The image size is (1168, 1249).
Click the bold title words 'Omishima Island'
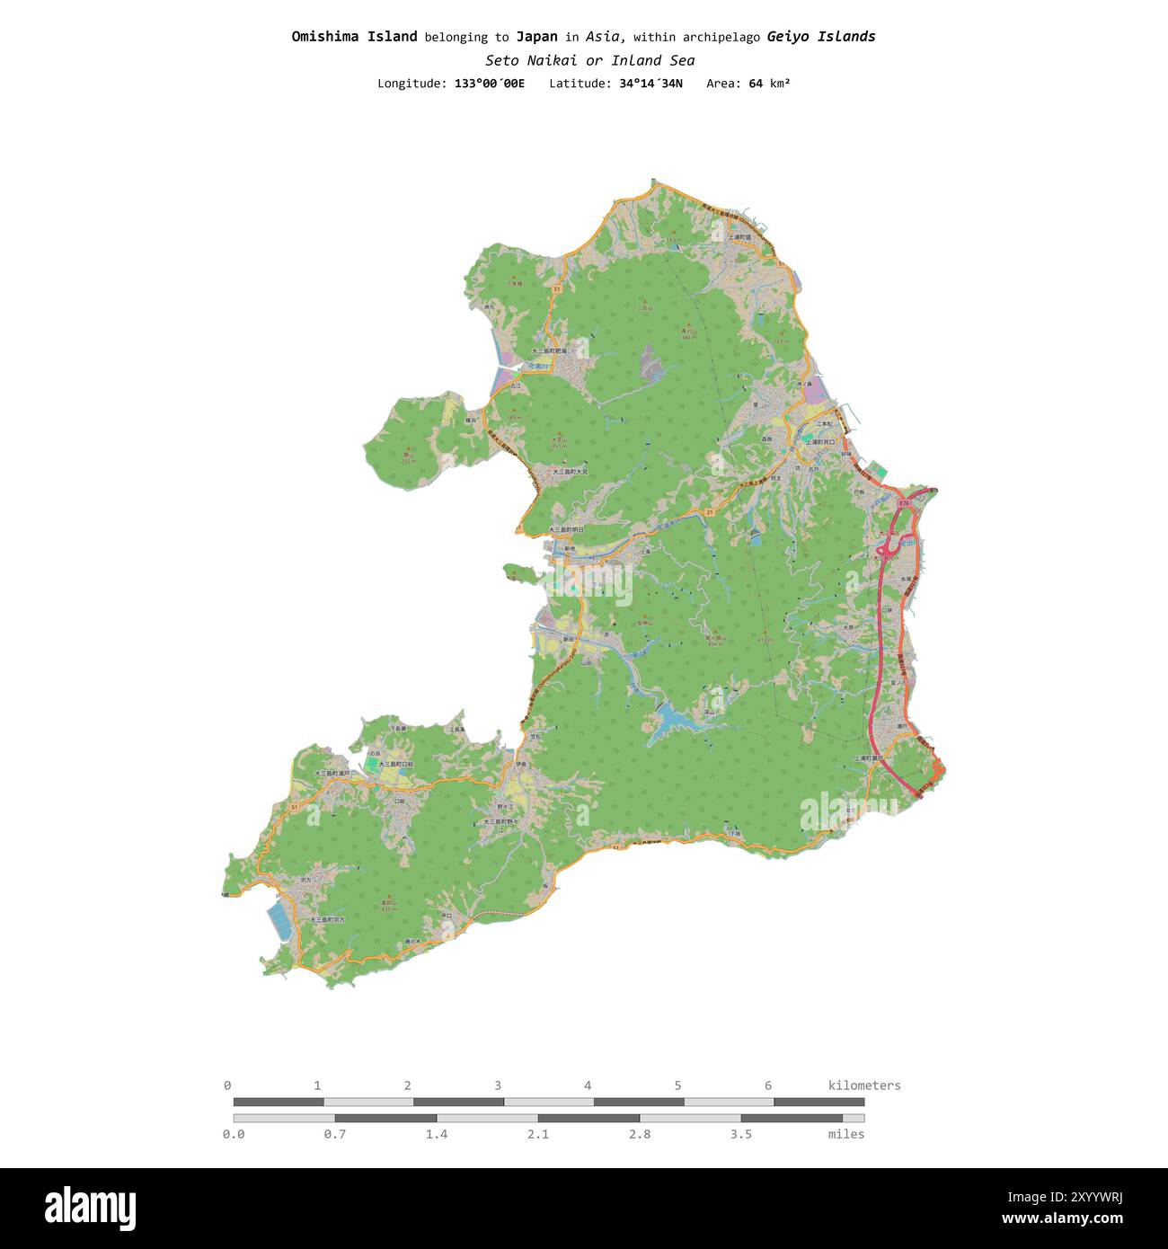[x=354, y=37]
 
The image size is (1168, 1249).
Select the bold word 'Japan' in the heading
[x=536, y=37]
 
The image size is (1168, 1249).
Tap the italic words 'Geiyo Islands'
[x=820, y=37]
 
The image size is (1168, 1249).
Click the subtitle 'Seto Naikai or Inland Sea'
[x=589, y=61]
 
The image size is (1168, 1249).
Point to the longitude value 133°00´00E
[x=489, y=84]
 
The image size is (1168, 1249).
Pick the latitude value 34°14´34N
[x=650, y=84]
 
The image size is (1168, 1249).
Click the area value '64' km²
[x=756, y=84]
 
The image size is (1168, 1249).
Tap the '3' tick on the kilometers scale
[x=498, y=1085]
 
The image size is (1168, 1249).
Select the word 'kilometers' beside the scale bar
[x=863, y=1085]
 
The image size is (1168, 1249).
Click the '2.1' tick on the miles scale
[x=537, y=1135]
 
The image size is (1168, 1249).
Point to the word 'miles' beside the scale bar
[x=845, y=1135]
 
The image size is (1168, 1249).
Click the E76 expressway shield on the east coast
[x=905, y=504]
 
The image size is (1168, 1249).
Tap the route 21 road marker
[x=709, y=511]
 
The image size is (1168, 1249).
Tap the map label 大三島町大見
[x=570, y=471]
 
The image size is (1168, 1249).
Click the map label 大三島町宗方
[x=327, y=920]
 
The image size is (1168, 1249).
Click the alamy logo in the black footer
[x=90, y=1209]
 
